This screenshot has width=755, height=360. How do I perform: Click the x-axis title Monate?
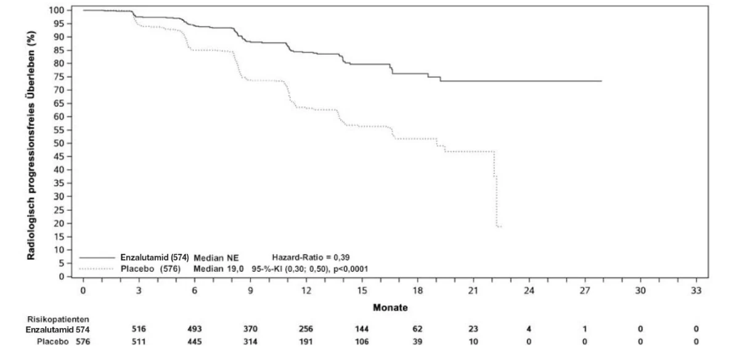coord(390,308)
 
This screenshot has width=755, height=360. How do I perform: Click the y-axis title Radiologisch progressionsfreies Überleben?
coord(31,145)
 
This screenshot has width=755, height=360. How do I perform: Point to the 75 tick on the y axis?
coord(70,76)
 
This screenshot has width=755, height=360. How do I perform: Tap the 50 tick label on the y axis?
coord(59,143)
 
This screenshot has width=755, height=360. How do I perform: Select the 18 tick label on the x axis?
coord(418,290)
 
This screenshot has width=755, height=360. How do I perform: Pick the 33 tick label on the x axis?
coord(696,290)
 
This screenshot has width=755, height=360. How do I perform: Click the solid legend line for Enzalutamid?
coord(97,258)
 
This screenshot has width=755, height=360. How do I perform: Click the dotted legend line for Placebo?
coord(96,269)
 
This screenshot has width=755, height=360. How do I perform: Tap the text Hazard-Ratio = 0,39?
coord(311,258)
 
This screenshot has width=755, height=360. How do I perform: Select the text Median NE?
coord(216,258)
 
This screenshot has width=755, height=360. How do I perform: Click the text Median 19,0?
coord(218,269)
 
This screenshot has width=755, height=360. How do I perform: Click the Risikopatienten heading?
coord(58,319)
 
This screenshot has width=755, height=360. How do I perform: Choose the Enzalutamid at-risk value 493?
coord(195,329)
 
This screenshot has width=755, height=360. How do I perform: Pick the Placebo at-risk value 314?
coord(250,342)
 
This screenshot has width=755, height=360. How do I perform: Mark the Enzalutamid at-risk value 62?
coord(418,329)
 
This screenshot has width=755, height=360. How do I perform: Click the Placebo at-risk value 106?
coord(362,342)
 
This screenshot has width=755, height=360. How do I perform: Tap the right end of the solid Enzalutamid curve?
coord(602,81)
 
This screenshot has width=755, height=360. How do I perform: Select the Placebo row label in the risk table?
coord(52,342)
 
